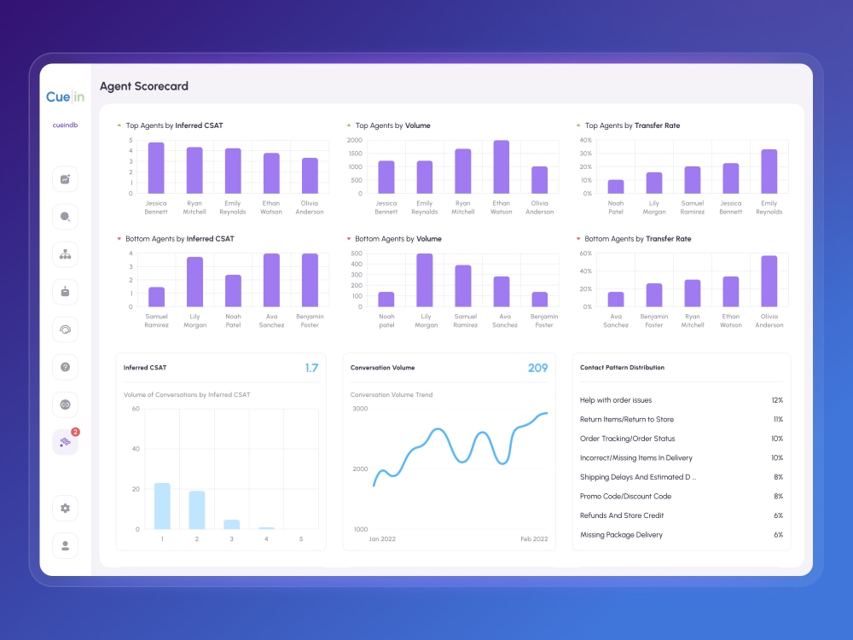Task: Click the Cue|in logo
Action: point(66,97)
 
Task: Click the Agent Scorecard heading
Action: point(144,86)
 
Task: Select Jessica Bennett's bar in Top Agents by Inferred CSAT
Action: point(156,168)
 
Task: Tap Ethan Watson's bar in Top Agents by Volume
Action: point(501,167)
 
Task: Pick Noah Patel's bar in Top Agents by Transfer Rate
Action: point(616,187)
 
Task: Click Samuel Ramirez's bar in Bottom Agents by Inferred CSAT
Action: point(157,297)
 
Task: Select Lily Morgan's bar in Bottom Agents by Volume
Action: point(425,280)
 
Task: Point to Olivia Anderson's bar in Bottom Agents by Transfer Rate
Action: point(769,282)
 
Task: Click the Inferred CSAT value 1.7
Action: point(311,368)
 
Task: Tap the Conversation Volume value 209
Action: point(537,368)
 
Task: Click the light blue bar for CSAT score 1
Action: point(162,506)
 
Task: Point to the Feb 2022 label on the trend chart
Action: point(534,538)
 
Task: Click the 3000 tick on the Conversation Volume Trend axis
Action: point(360,408)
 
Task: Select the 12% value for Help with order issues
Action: point(777,400)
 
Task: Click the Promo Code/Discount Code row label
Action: point(625,497)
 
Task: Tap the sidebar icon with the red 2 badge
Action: point(66,442)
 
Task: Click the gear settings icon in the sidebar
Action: point(66,509)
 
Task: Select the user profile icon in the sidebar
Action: point(66,546)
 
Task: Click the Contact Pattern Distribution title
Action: point(623,367)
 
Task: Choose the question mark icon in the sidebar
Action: point(66,367)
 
